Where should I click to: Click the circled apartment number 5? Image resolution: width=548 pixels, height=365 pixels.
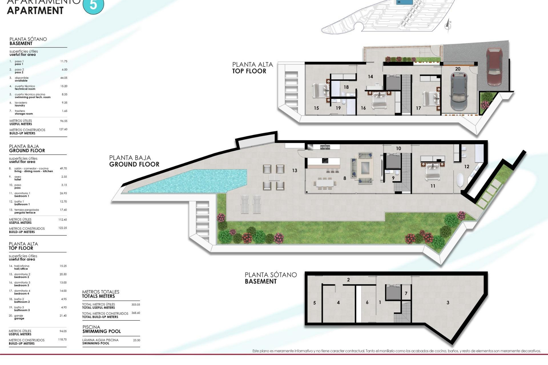(93, 5)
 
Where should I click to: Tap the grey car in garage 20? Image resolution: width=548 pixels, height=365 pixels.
(459, 91)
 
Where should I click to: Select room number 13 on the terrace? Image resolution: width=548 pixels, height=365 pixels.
(295, 171)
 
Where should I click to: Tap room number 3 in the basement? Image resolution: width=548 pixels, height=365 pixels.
(448, 303)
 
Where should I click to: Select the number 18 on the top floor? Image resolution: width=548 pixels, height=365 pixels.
(346, 87)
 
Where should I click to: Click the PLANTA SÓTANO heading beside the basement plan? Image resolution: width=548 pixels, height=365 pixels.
(271, 275)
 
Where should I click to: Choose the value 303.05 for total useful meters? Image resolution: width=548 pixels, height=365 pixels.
(136, 305)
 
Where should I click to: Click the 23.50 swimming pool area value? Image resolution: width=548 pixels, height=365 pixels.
(136, 340)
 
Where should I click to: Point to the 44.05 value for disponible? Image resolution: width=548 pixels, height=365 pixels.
(64, 78)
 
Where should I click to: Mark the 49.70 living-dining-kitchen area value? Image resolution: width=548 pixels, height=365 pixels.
(63, 169)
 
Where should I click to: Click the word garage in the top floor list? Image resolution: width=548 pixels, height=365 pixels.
(19, 319)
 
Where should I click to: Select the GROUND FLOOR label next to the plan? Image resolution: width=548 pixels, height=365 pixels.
(134, 164)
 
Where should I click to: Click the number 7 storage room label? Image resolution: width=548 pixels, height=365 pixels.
(406, 293)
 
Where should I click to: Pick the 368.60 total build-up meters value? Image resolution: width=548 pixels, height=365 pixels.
(136, 313)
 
